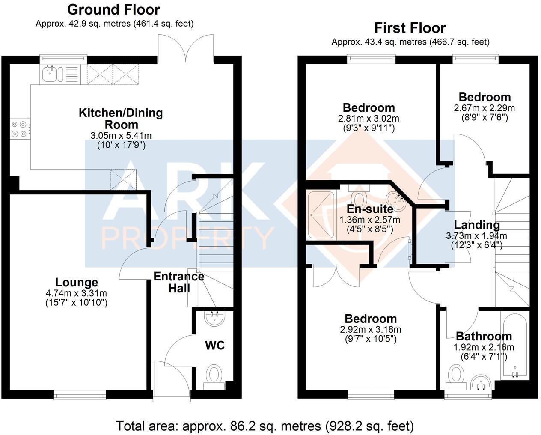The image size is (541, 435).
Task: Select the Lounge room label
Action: click(77, 282)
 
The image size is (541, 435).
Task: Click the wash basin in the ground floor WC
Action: click(214, 319)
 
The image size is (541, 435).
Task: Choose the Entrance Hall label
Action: click(179, 282)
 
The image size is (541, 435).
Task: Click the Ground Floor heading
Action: click(113, 10)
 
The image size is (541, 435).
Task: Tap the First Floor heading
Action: click(410, 28)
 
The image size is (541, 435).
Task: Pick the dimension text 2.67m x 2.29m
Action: click(484, 108)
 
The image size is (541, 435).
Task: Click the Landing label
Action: click(477, 225)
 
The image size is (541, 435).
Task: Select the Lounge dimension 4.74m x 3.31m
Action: click(76, 293)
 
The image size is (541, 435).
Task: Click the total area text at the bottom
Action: click(265, 419)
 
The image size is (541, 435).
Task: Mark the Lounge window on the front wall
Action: click(80, 394)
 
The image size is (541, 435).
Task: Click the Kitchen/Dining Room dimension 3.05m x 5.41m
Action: click(121, 136)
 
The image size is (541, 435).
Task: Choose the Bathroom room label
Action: click(484, 337)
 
